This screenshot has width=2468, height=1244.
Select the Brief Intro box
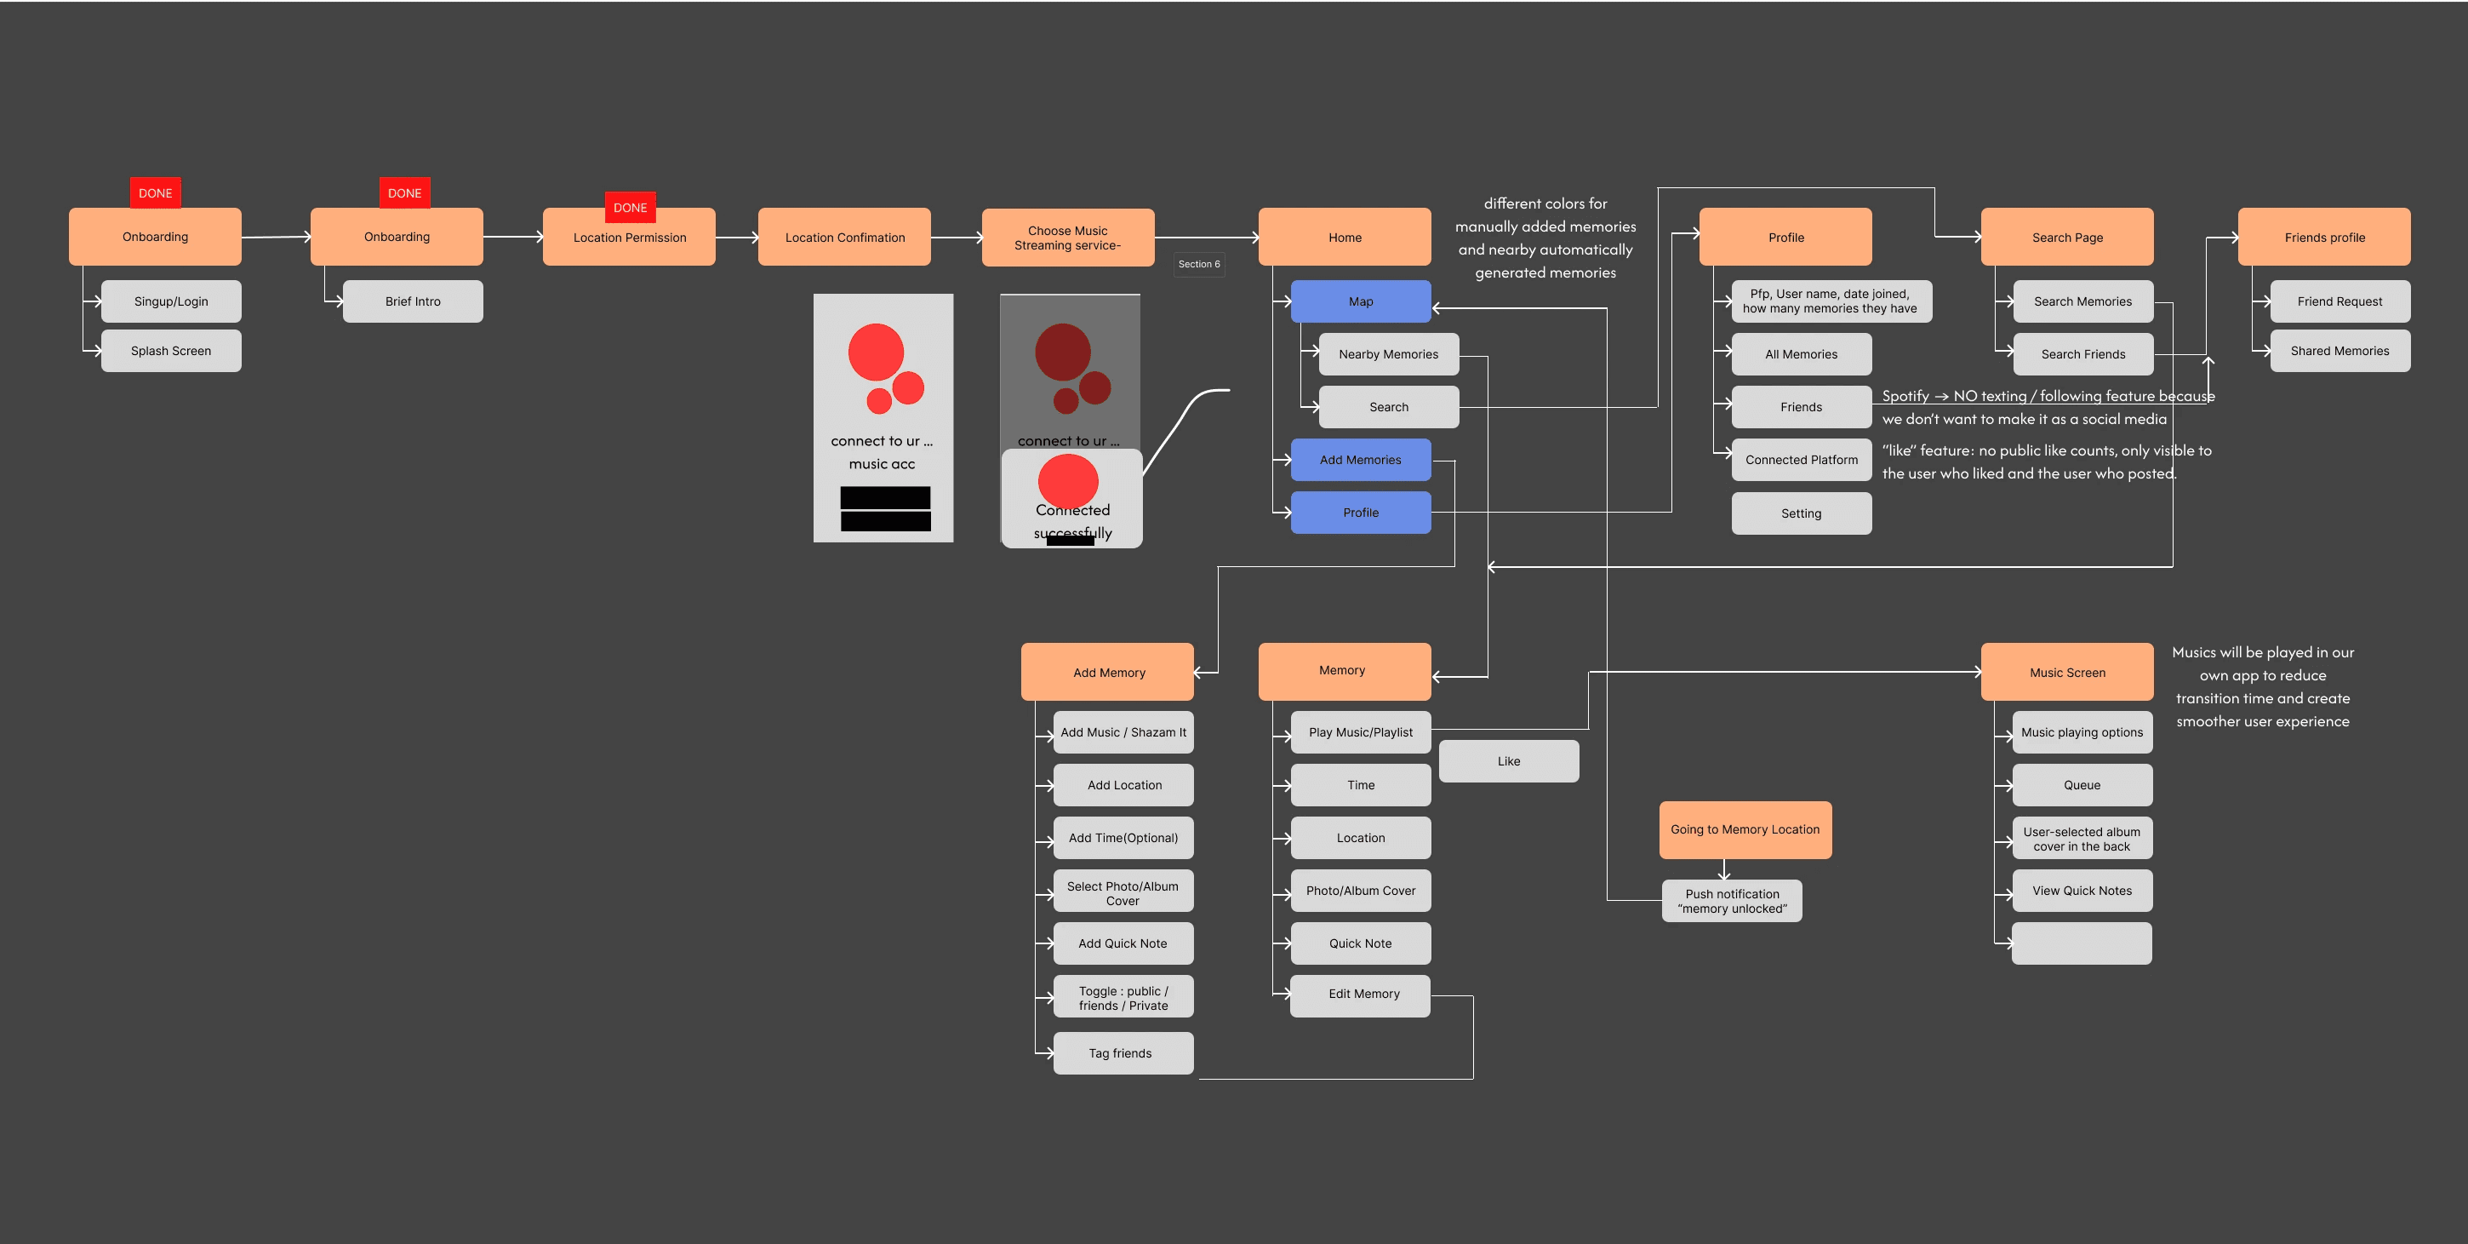(x=413, y=301)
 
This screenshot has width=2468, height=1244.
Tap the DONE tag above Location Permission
(x=631, y=207)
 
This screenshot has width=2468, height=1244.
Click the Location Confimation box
(x=844, y=237)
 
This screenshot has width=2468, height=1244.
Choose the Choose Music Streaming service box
(x=1068, y=238)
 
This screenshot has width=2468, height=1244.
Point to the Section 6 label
(x=1199, y=264)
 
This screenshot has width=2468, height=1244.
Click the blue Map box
(x=1361, y=301)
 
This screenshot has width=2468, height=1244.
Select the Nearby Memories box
(x=1389, y=353)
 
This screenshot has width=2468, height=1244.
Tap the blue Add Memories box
(x=1361, y=459)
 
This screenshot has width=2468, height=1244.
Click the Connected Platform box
(x=1801, y=460)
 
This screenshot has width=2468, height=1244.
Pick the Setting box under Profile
(x=1801, y=513)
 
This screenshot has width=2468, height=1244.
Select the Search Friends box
(x=2082, y=353)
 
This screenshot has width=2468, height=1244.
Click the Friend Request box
(x=2339, y=301)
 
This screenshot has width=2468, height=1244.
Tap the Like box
(x=1509, y=761)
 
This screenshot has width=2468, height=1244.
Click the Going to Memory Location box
(x=1745, y=830)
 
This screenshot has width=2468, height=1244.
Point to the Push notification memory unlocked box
(x=1732, y=901)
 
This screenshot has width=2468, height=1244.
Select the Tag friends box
(x=1123, y=1053)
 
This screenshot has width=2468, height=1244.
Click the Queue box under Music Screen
(x=2082, y=785)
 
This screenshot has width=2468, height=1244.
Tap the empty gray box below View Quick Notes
(x=2082, y=943)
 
